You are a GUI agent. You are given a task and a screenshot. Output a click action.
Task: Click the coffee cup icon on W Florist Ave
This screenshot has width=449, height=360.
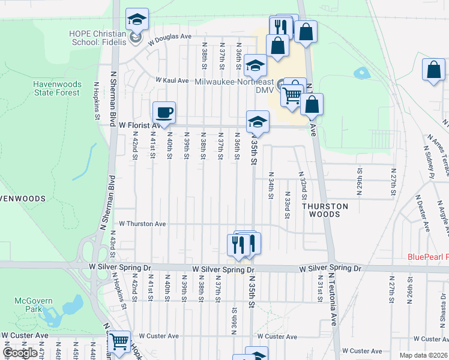coord(164,112)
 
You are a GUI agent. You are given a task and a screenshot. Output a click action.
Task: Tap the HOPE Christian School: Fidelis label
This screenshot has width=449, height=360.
coord(99,38)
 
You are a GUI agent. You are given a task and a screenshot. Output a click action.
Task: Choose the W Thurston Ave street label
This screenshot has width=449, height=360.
coord(142,223)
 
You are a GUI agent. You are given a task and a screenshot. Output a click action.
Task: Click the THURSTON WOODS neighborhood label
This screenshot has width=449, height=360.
coord(325,210)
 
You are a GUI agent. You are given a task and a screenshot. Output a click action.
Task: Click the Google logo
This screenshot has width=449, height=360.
coord(20,353)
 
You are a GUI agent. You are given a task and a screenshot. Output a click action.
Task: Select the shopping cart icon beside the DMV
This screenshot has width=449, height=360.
coord(292,94)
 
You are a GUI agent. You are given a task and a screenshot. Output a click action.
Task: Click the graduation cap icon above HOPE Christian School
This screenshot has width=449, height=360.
coord(137,19)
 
